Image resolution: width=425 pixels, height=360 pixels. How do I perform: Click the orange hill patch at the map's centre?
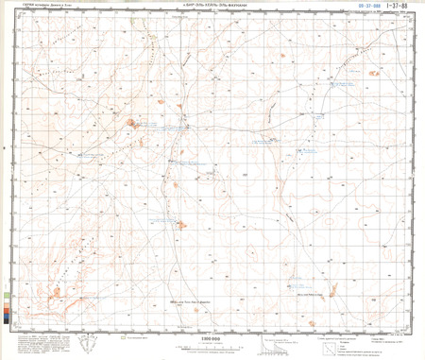[181, 224]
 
